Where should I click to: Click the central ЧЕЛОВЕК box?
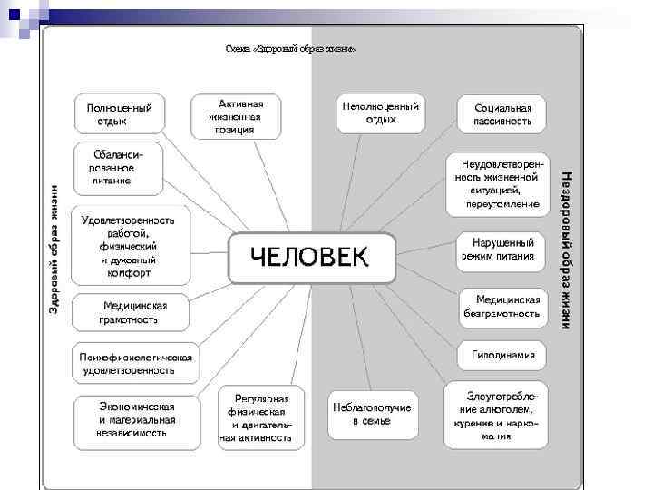311,260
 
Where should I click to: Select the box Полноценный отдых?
119,114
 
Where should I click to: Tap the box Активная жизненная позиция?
235,116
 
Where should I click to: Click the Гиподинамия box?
502,355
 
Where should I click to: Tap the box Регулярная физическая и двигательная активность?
261,418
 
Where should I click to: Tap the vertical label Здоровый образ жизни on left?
54,250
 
